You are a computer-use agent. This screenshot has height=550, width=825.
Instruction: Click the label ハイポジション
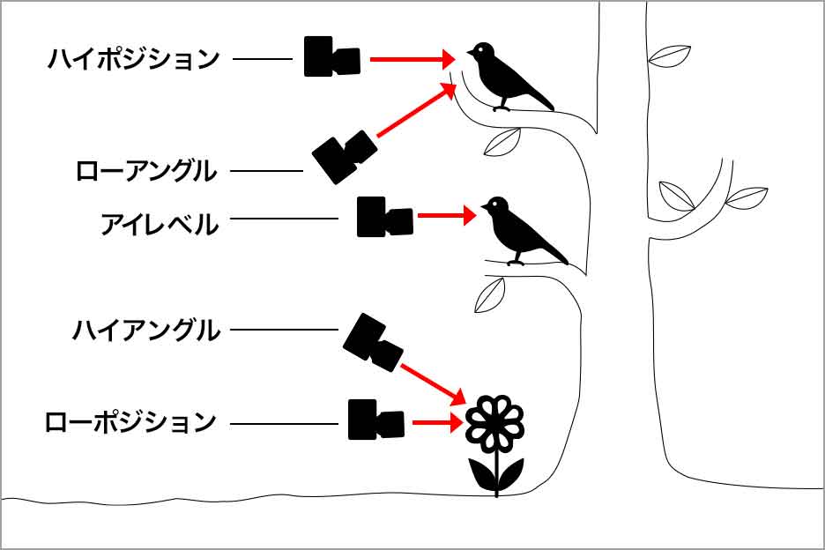pyautogui.click(x=133, y=60)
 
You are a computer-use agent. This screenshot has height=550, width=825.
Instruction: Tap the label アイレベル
pyautogui.click(x=159, y=225)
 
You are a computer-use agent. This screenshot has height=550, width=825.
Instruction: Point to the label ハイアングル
pyautogui.click(x=145, y=331)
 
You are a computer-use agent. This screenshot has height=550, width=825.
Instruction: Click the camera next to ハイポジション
pyautogui.click(x=332, y=57)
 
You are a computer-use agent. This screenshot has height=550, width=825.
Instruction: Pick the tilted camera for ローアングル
pyautogui.click(x=344, y=157)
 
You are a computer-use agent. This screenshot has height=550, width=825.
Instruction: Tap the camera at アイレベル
pyautogui.click(x=384, y=217)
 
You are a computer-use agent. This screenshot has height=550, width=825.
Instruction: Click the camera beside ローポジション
pyautogui.click(x=376, y=420)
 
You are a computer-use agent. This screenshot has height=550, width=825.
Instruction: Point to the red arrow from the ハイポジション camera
pyautogui.click(x=411, y=60)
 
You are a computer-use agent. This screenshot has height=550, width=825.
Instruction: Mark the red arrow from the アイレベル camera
pyautogui.click(x=446, y=215)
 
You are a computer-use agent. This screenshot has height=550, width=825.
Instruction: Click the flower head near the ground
pyautogui.click(x=494, y=421)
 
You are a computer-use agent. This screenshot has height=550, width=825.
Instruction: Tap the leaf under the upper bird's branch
pyautogui.click(x=502, y=141)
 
